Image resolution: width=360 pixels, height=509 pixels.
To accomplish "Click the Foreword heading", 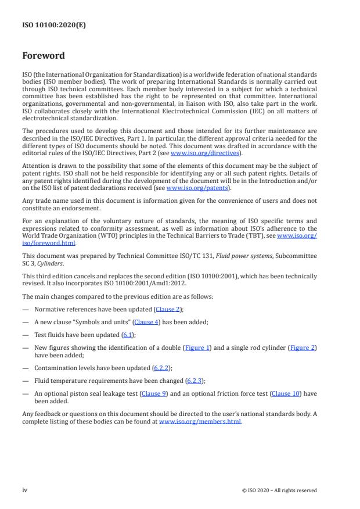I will pyautogui.click(x=44, y=56).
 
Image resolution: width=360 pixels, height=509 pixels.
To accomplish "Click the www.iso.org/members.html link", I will pyautogui.click(x=199, y=422).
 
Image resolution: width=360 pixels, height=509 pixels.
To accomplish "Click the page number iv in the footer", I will pyautogui.click(x=25, y=490).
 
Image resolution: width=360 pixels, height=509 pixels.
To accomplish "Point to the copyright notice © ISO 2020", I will pyautogui.click(x=279, y=490).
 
